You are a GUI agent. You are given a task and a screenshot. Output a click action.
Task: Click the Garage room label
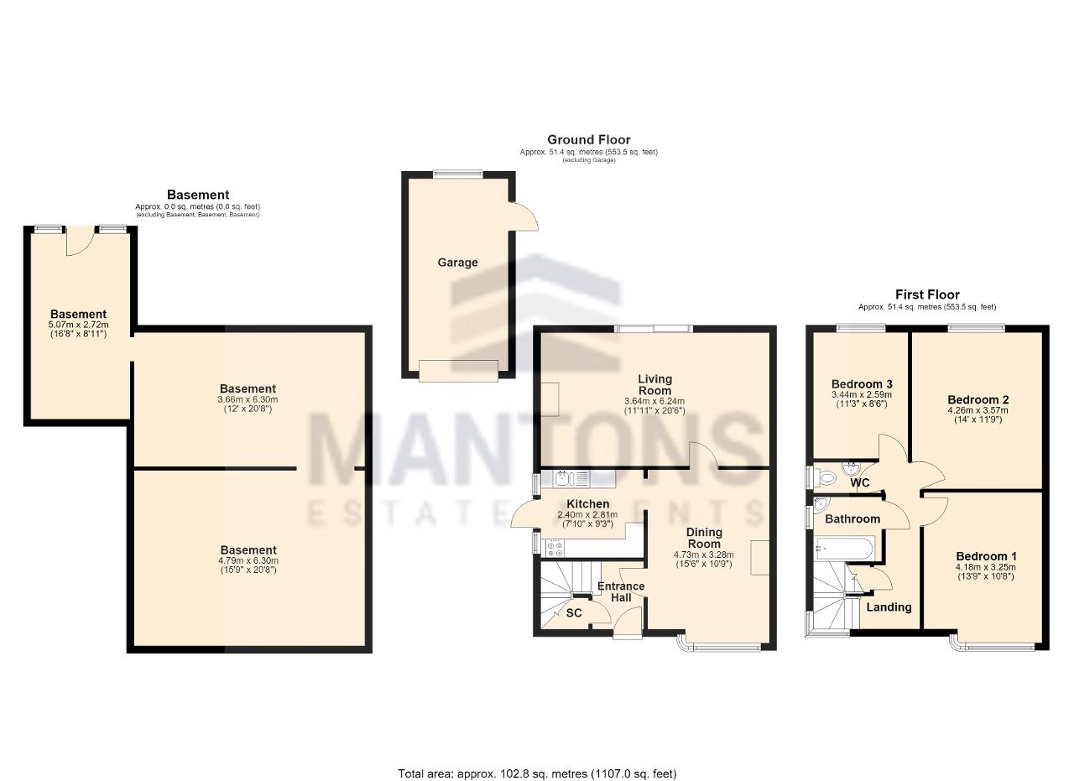click(x=457, y=263)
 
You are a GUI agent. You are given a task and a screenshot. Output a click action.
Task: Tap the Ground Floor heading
click(x=589, y=140)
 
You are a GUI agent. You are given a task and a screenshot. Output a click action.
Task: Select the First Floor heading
click(x=927, y=294)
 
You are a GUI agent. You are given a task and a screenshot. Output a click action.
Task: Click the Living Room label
click(x=654, y=384)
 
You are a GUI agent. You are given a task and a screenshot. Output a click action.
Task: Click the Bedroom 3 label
click(x=862, y=384)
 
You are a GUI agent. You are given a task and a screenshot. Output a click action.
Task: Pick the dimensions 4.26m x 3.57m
click(x=978, y=410)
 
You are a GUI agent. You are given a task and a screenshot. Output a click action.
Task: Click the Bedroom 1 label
click(x=986, y=556)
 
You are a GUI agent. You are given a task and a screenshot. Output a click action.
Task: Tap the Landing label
click(x=889, y=607)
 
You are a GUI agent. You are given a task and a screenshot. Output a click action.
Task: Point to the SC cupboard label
click(x=574, y=612)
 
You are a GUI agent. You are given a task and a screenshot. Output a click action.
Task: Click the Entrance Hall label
click(x=621, y=592)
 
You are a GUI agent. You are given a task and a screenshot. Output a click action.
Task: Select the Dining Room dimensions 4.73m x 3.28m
click(x=704, y=555)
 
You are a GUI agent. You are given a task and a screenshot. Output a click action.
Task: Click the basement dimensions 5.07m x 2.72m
click(x=79, y=325)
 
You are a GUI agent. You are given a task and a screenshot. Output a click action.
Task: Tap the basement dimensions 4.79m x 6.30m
click(x=248, y=560)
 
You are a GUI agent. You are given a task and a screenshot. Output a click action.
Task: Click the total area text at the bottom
click(x=537, y=760)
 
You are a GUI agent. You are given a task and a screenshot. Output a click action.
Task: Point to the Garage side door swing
click(x=525, y=216)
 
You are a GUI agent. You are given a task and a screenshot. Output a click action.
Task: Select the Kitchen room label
click(x=588, y=504)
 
